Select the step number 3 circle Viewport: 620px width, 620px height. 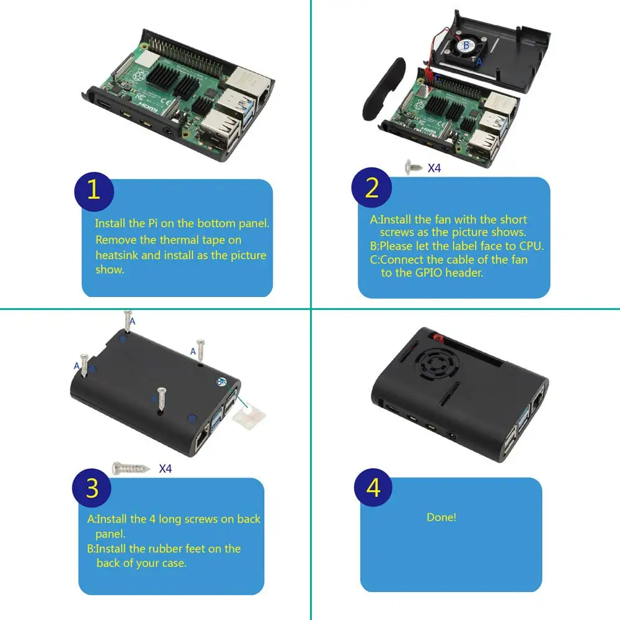pos(92,489)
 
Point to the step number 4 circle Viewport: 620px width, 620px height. pos(373,489)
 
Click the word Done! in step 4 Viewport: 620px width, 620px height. pos(441,517)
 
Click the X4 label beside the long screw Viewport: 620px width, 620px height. pos(165,468)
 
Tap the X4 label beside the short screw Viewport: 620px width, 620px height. pos(434,167)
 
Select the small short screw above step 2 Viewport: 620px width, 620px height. pos(412,167)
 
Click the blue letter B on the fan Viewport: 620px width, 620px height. pos(466,45)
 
